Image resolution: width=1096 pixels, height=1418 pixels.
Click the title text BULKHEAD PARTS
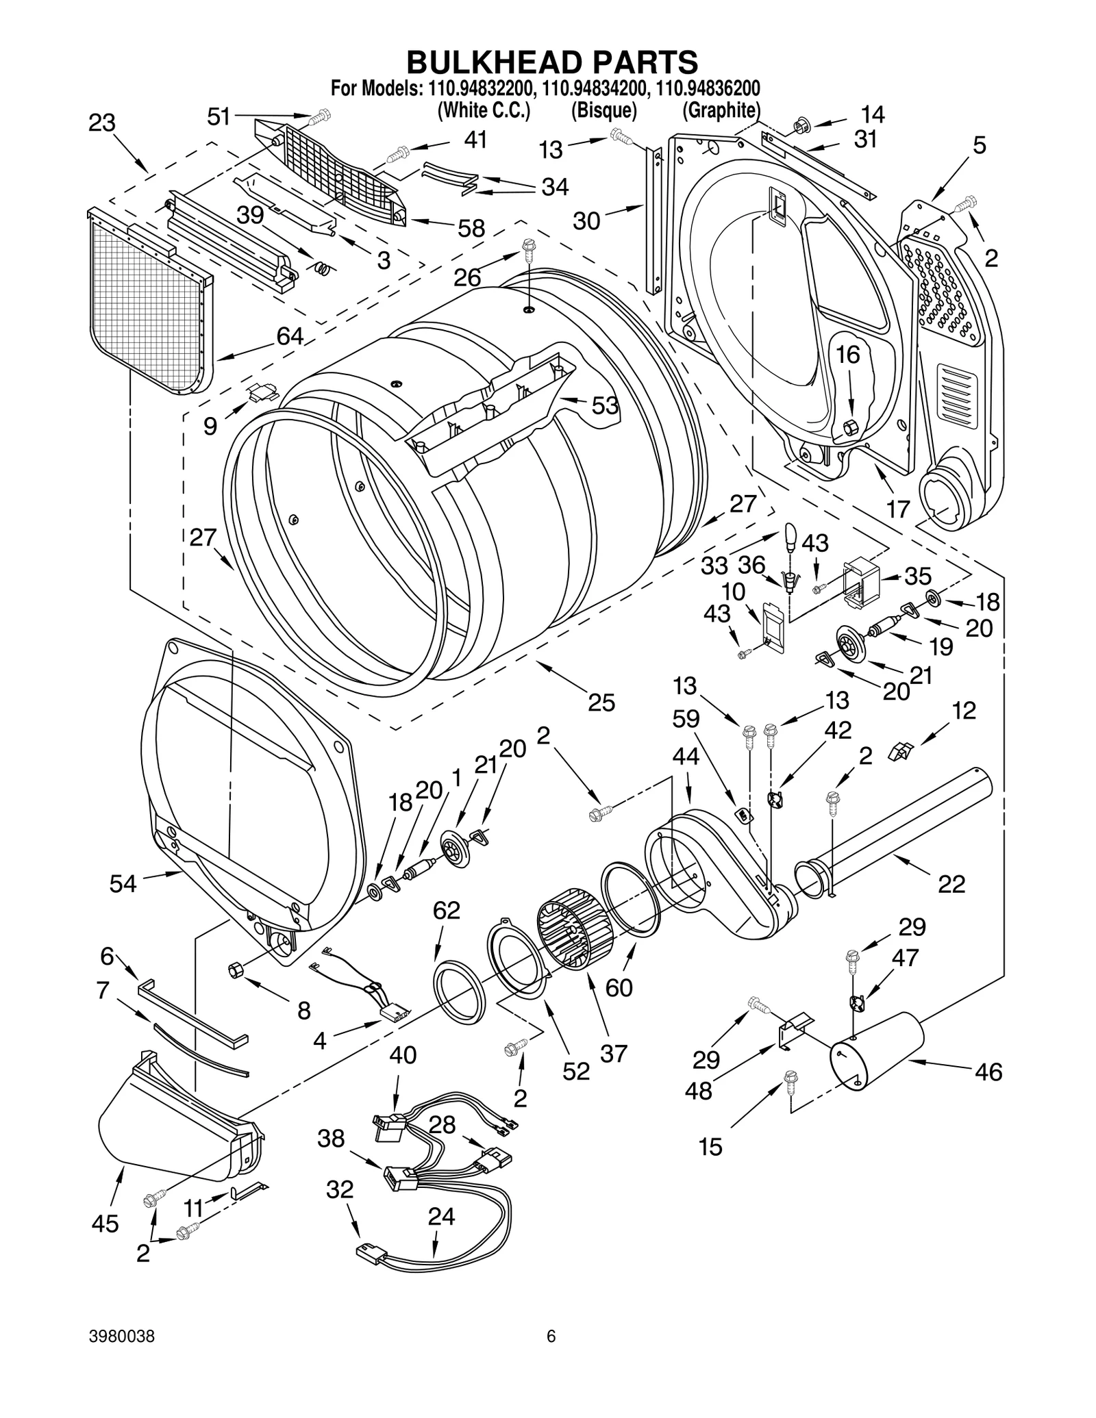(x=552, y=62)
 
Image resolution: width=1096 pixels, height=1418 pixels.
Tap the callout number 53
(x=605, y=405)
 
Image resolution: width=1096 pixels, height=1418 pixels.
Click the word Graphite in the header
(x=721, y=110)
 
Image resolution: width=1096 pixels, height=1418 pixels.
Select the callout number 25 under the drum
(x=601, y=702)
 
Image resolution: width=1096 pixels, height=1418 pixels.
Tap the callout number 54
(x=123, y=884)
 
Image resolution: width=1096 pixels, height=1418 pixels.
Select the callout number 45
(x=105, y=1224)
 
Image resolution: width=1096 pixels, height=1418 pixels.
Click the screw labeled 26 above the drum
(x=528, y=247)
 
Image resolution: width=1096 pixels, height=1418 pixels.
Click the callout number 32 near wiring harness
(x=339, y=1189)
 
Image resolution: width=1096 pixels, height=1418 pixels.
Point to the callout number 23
(x=102, y=123)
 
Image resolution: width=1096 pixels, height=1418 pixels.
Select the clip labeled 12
(x=898, y=751)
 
